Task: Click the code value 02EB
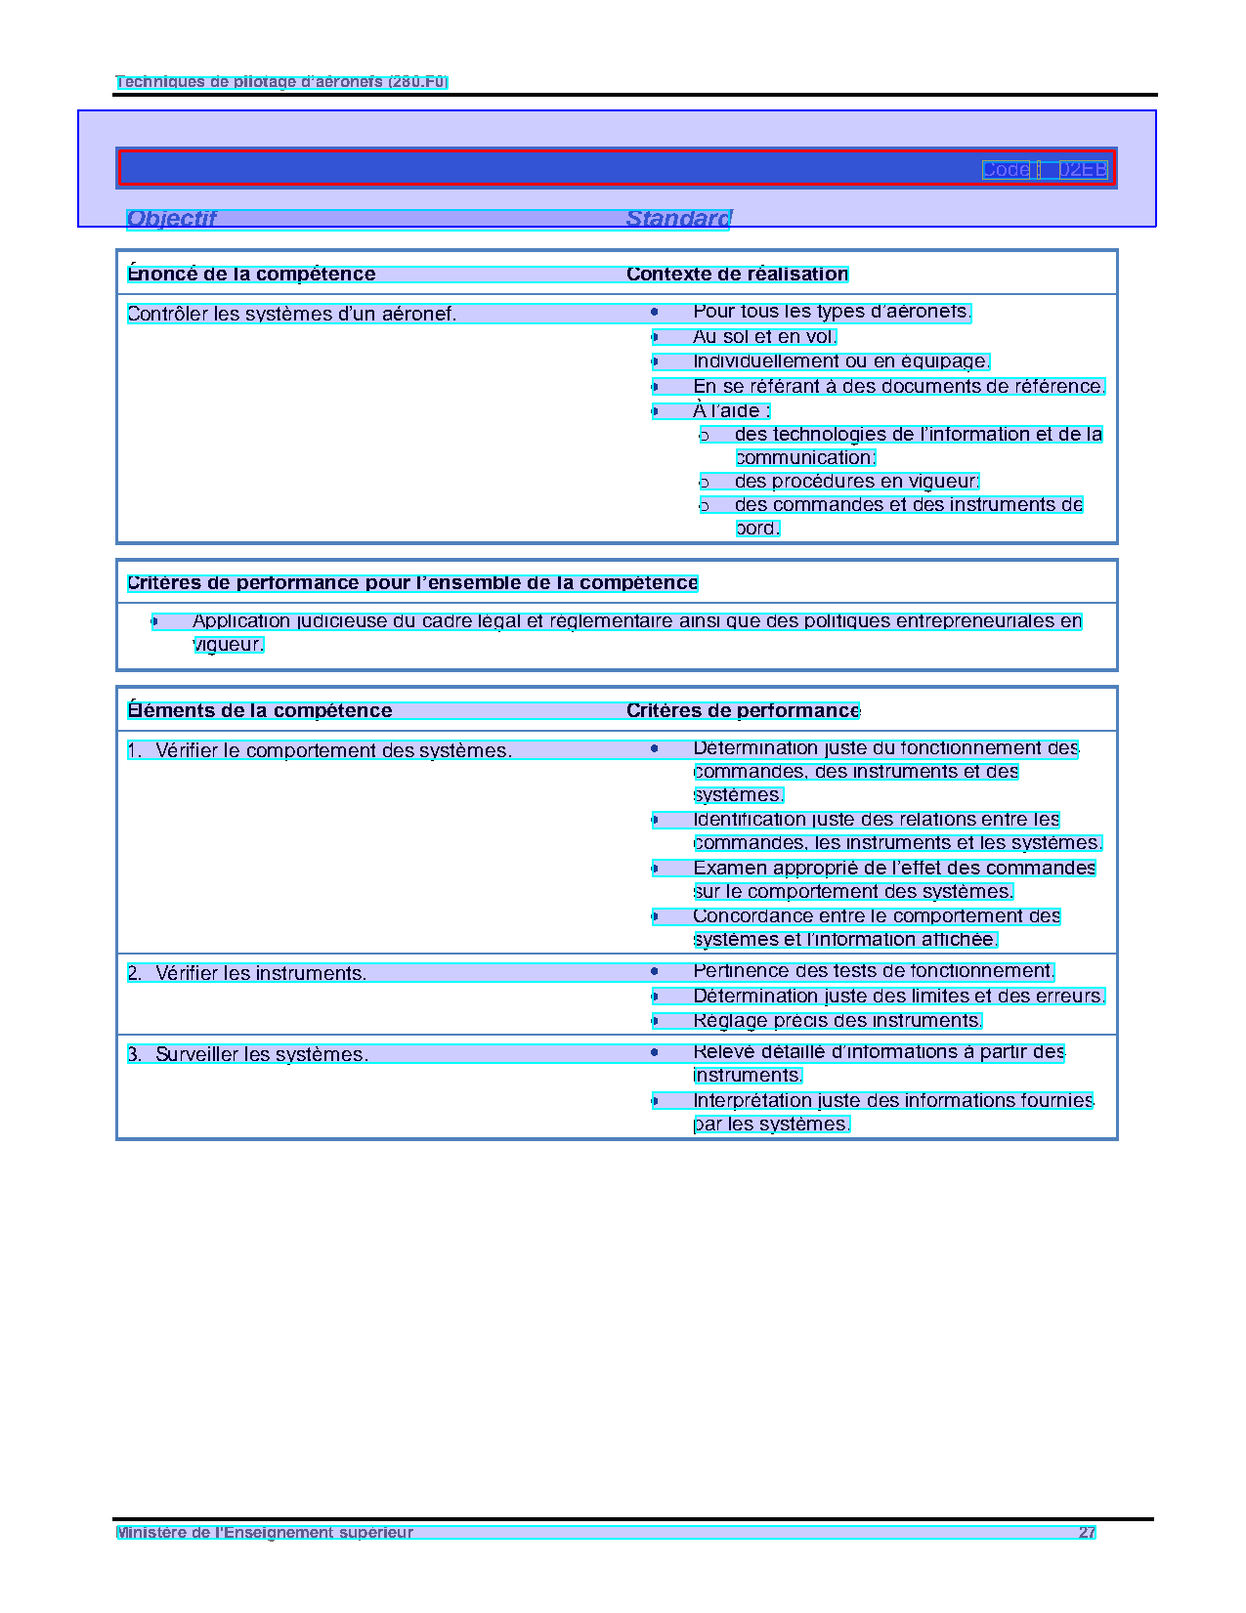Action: coord(1083,170)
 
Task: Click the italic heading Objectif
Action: coord(171,219)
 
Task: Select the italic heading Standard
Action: coord(678,219)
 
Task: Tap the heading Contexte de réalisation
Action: coord(737,275)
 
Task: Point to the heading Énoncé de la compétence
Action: coord(251,275)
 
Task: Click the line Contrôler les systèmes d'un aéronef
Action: coord(291,314)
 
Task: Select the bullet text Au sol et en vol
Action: coord(764,337)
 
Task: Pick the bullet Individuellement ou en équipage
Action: coord(840,361)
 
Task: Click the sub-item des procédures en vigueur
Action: coord(856,482)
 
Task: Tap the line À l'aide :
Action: coord(731,411)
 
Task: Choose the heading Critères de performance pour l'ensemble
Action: coord(412,583)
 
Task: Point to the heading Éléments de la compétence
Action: coord(259,711)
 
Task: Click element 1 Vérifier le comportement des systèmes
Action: coord(332,750)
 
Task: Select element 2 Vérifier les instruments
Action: coord(260,973)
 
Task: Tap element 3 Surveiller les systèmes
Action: coord(261,1054)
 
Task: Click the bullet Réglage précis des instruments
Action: coord(837,1021)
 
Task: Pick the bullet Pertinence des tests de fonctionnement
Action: coord(873,971)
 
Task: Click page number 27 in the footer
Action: coord(1087,1533)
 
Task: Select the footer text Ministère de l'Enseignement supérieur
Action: coord(265,1533)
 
